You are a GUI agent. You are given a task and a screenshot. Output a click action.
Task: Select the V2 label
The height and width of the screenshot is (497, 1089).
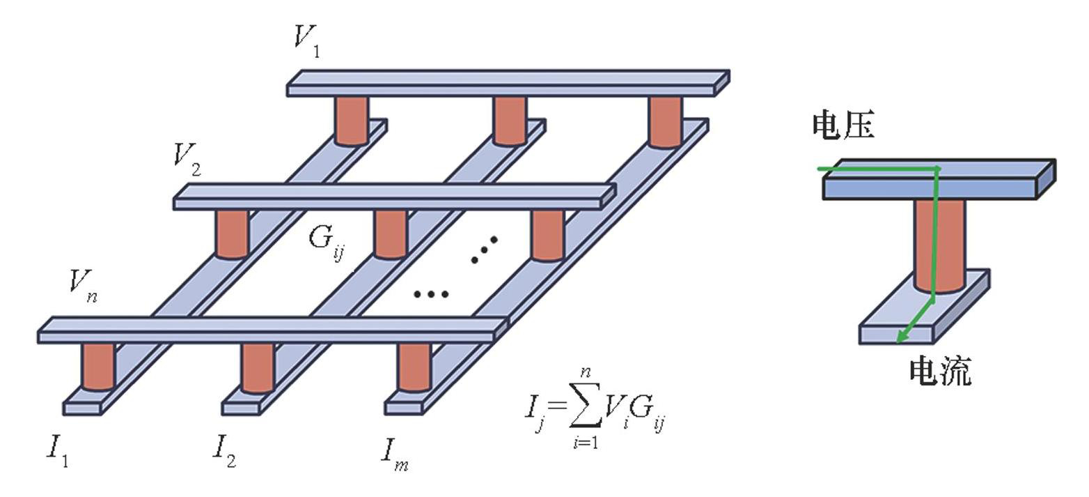point(187,158)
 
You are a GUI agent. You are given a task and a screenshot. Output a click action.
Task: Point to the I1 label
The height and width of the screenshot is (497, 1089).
point(58,450)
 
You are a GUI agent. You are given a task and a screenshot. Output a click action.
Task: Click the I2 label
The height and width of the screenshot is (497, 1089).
point(224,450)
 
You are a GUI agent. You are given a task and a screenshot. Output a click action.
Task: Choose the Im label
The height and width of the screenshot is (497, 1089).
point(393,454)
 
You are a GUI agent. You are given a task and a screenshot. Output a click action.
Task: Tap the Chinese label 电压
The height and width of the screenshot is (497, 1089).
point(843,125)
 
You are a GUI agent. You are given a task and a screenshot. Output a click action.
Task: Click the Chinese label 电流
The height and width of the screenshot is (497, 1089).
point(939,371)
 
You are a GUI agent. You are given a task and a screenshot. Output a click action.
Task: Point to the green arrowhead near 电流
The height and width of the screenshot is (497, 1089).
point(901,338)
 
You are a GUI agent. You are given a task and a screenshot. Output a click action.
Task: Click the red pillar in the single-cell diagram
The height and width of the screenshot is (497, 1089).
point(939,244)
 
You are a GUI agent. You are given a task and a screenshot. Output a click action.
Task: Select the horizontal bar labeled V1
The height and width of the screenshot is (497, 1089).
point(508,82)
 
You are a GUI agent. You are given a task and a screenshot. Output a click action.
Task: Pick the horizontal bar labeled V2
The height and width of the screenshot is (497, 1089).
point(393,197)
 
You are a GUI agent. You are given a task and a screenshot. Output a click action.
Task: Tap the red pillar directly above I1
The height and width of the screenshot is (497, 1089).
point(97,366)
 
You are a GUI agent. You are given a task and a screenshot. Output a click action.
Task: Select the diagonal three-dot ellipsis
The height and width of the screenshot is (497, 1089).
point(485,250)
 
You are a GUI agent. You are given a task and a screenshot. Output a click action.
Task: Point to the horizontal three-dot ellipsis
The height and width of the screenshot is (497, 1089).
point(430,294)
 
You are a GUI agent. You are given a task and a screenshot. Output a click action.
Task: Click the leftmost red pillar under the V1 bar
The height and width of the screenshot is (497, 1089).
point(351,120)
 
